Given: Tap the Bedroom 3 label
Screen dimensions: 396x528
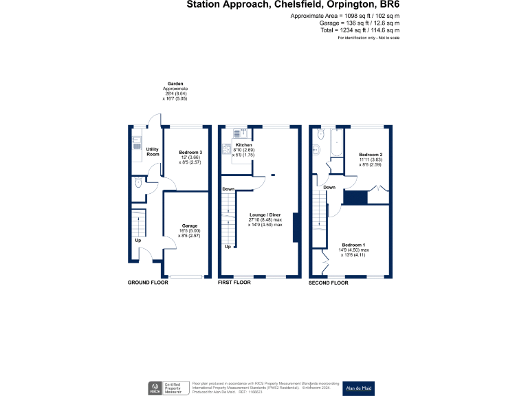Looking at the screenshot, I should (x=190, y=152).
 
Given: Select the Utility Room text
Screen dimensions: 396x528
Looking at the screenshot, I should (x=153, y=151).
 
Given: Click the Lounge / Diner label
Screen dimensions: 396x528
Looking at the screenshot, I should (x=265, y=215).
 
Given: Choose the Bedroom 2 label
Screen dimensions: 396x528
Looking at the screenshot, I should (x=371, y=155).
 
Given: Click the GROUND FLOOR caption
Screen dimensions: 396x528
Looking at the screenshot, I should (x=148, y=283).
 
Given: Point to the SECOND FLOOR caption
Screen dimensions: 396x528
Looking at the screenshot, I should (x=329, y=283).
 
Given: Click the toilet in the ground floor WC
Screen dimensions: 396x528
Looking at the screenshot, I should (x=137, y=182).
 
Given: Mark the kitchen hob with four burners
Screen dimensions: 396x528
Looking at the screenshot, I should (x=226, y=148).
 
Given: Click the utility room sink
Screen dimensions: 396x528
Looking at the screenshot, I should (x=136, y=145).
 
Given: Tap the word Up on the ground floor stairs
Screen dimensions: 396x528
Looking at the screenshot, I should (x=137, y=241).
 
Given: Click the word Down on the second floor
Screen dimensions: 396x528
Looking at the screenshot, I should (x=329, y=187).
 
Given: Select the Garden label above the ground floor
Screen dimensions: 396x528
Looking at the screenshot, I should (x=175, y=83).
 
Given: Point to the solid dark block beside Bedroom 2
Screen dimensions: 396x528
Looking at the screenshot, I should (x=355, y=198).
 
